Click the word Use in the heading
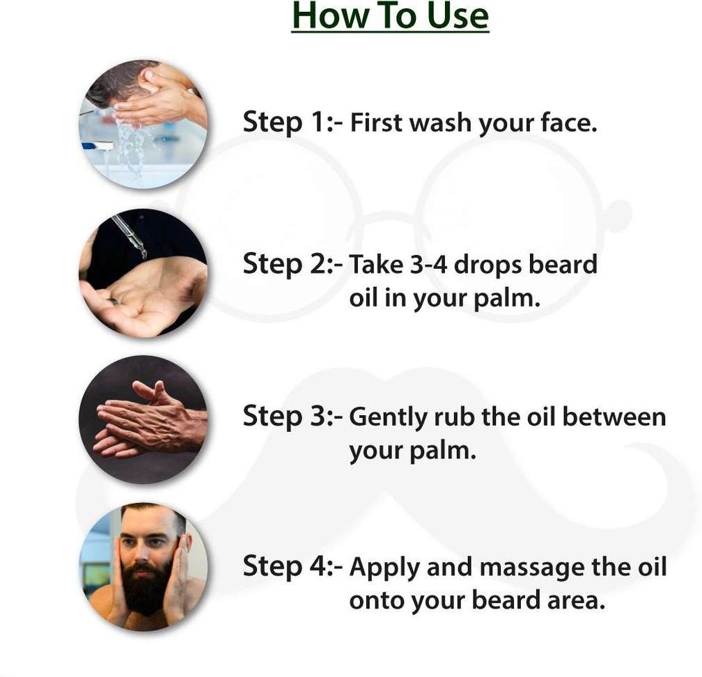[458, 15]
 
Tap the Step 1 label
[292, 122]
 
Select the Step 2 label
[292, 264]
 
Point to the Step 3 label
[292, 416]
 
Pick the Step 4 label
[292, 566]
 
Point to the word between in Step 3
[614, 417]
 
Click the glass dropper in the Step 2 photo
[129, 236]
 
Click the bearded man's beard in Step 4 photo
[144, 587]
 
